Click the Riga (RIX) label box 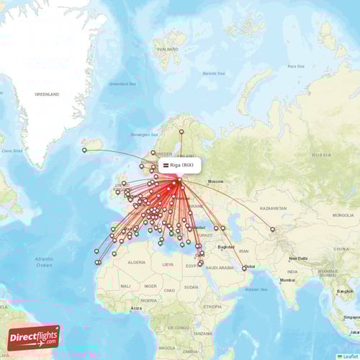[177, 165]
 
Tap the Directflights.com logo [33, 337]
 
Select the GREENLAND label [48, 94]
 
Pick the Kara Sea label [295, 66]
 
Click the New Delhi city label [299, 258]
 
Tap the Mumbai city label [288, 279]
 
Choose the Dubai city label [250, 266]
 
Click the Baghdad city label [225, 247]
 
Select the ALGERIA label [136, 264]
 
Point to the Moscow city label [215, 181]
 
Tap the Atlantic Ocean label [44, 261]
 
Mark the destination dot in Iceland [84, 150]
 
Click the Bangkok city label [344, 291]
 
